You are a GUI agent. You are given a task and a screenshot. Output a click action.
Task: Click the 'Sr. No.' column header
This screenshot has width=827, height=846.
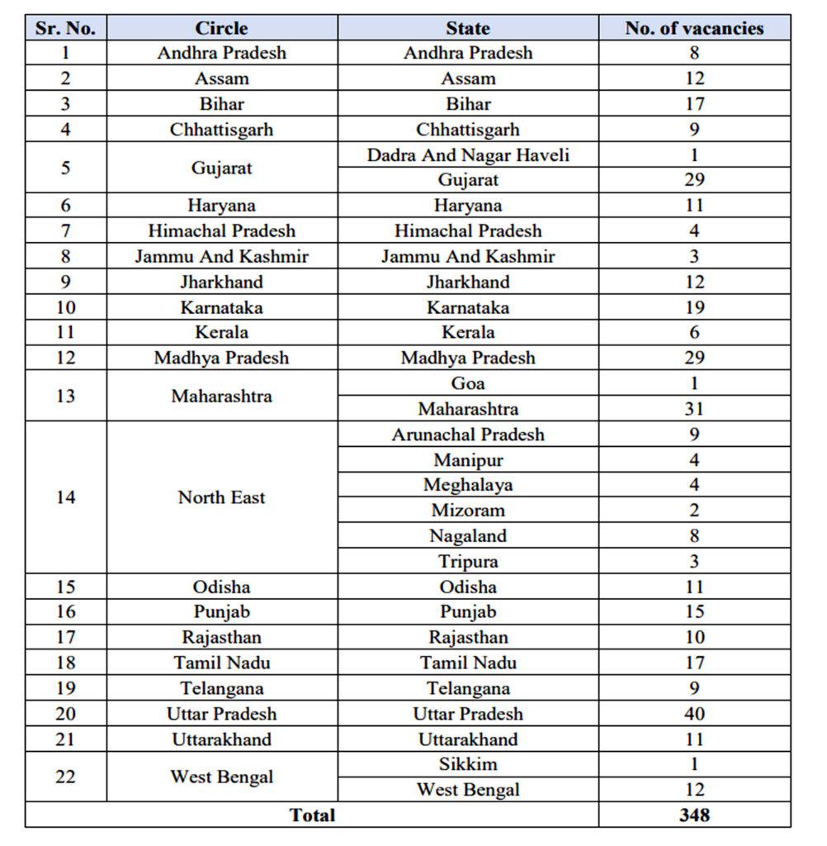coord(65,28)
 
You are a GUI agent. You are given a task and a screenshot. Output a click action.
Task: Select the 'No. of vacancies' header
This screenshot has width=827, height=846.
coord(694,28)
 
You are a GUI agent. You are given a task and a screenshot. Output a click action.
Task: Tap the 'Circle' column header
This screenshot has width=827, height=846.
coord(221,28)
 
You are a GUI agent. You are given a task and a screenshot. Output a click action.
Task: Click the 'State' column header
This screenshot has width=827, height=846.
coord(468,28)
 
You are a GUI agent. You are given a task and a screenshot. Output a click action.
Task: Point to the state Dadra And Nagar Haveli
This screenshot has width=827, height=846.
coord(468,154)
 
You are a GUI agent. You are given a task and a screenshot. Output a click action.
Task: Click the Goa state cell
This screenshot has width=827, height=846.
coord(468,383)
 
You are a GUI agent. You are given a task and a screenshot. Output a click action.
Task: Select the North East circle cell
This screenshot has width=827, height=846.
coord(221,497)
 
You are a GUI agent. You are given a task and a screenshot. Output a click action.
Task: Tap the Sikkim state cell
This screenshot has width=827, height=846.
coord(468,764)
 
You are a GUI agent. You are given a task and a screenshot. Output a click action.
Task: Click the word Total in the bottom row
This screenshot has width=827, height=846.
coord(312,815)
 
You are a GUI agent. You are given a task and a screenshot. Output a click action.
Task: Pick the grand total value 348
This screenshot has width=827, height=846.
coord(694,815)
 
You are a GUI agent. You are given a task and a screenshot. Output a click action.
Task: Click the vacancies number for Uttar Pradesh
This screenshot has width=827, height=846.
coord(694,714)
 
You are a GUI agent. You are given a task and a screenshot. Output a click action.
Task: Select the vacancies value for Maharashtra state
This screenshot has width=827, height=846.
coord(694,409)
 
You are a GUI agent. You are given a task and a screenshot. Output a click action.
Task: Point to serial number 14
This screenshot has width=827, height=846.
coord(65,497)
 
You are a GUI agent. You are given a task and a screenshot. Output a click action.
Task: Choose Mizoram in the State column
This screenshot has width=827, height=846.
coord(468,511)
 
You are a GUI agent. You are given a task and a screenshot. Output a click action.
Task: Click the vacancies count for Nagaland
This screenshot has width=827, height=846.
coord(694,536)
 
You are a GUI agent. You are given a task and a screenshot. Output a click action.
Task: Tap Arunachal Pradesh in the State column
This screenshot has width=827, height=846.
coord(468,435)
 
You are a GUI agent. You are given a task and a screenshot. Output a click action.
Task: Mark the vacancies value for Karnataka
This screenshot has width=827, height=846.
coord(694,307)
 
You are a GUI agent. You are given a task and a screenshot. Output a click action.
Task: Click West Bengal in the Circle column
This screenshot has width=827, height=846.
coord(221,777)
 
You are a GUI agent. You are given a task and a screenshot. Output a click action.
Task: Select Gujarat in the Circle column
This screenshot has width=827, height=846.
coord(221,168)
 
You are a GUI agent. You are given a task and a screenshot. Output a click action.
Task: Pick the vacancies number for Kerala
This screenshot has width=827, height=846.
coord(694,332)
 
